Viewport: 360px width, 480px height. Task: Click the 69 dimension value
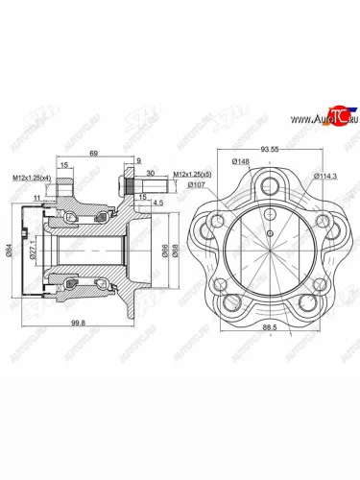tap(92, 153)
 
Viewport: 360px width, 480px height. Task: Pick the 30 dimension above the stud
tap(152, 173)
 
